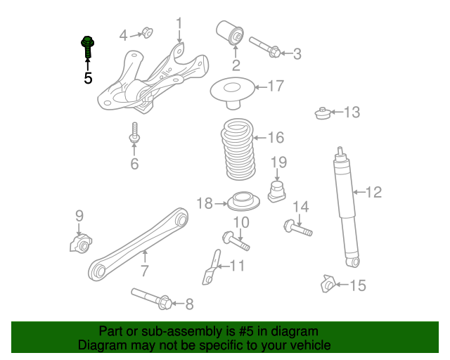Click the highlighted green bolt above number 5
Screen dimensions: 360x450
[x=88, y=48]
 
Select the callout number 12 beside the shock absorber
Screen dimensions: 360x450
[x=373, y=192]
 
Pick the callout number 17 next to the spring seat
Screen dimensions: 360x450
[x=275, y=86]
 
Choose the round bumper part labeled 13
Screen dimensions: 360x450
[x=323, y=113]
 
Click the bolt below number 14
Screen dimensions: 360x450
[x=298, y=228]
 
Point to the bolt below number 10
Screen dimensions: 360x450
[x=237, y=240]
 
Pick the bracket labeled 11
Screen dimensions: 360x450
[x=212, y=267]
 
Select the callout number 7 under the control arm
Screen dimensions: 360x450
[x=144, y=271]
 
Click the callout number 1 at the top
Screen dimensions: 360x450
[x=179, y=27]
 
